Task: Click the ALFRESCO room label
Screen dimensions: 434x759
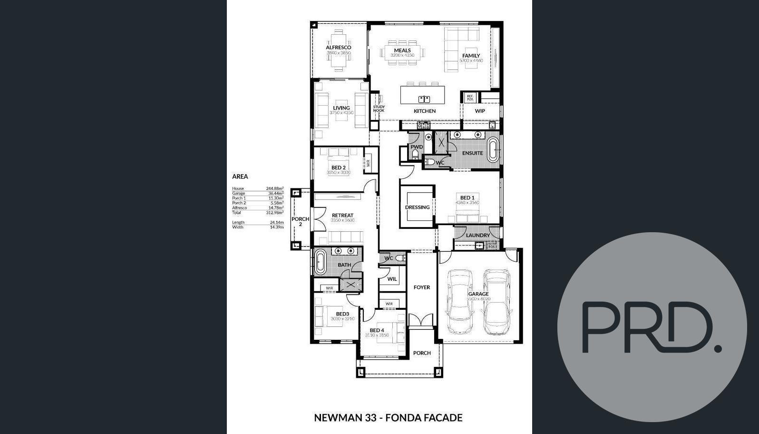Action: [x=338, y=48]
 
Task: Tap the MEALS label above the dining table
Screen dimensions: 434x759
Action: [x=402, y=50]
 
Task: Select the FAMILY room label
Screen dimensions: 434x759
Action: [x=471, y=56]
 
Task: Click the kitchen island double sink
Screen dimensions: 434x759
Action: [x=424, y=99]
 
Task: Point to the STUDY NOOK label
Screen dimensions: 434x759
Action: [x=379, y=108]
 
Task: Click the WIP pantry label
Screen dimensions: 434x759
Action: [x=480, y=111]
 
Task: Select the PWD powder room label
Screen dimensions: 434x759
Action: [x=417, y=147]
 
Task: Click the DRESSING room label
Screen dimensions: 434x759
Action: [x=417, y=207]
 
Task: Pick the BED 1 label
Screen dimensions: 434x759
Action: [x=467, y=197]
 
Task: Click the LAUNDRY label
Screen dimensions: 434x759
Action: [x=477, y=236]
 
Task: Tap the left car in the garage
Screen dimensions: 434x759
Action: [x=460, y=301]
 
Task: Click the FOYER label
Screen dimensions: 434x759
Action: [x=421, y=287]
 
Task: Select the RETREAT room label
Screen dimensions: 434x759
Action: [x=342, y=216]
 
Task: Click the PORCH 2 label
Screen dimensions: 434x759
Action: [x=300, y=221]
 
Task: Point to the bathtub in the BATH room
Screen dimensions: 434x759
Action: [x=320, y=262]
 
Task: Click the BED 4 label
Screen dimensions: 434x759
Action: [x=377, y=330]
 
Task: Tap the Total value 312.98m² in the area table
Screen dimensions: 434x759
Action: [x=274, y=213]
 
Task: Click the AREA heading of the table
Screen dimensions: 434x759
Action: [x=240, y=177]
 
